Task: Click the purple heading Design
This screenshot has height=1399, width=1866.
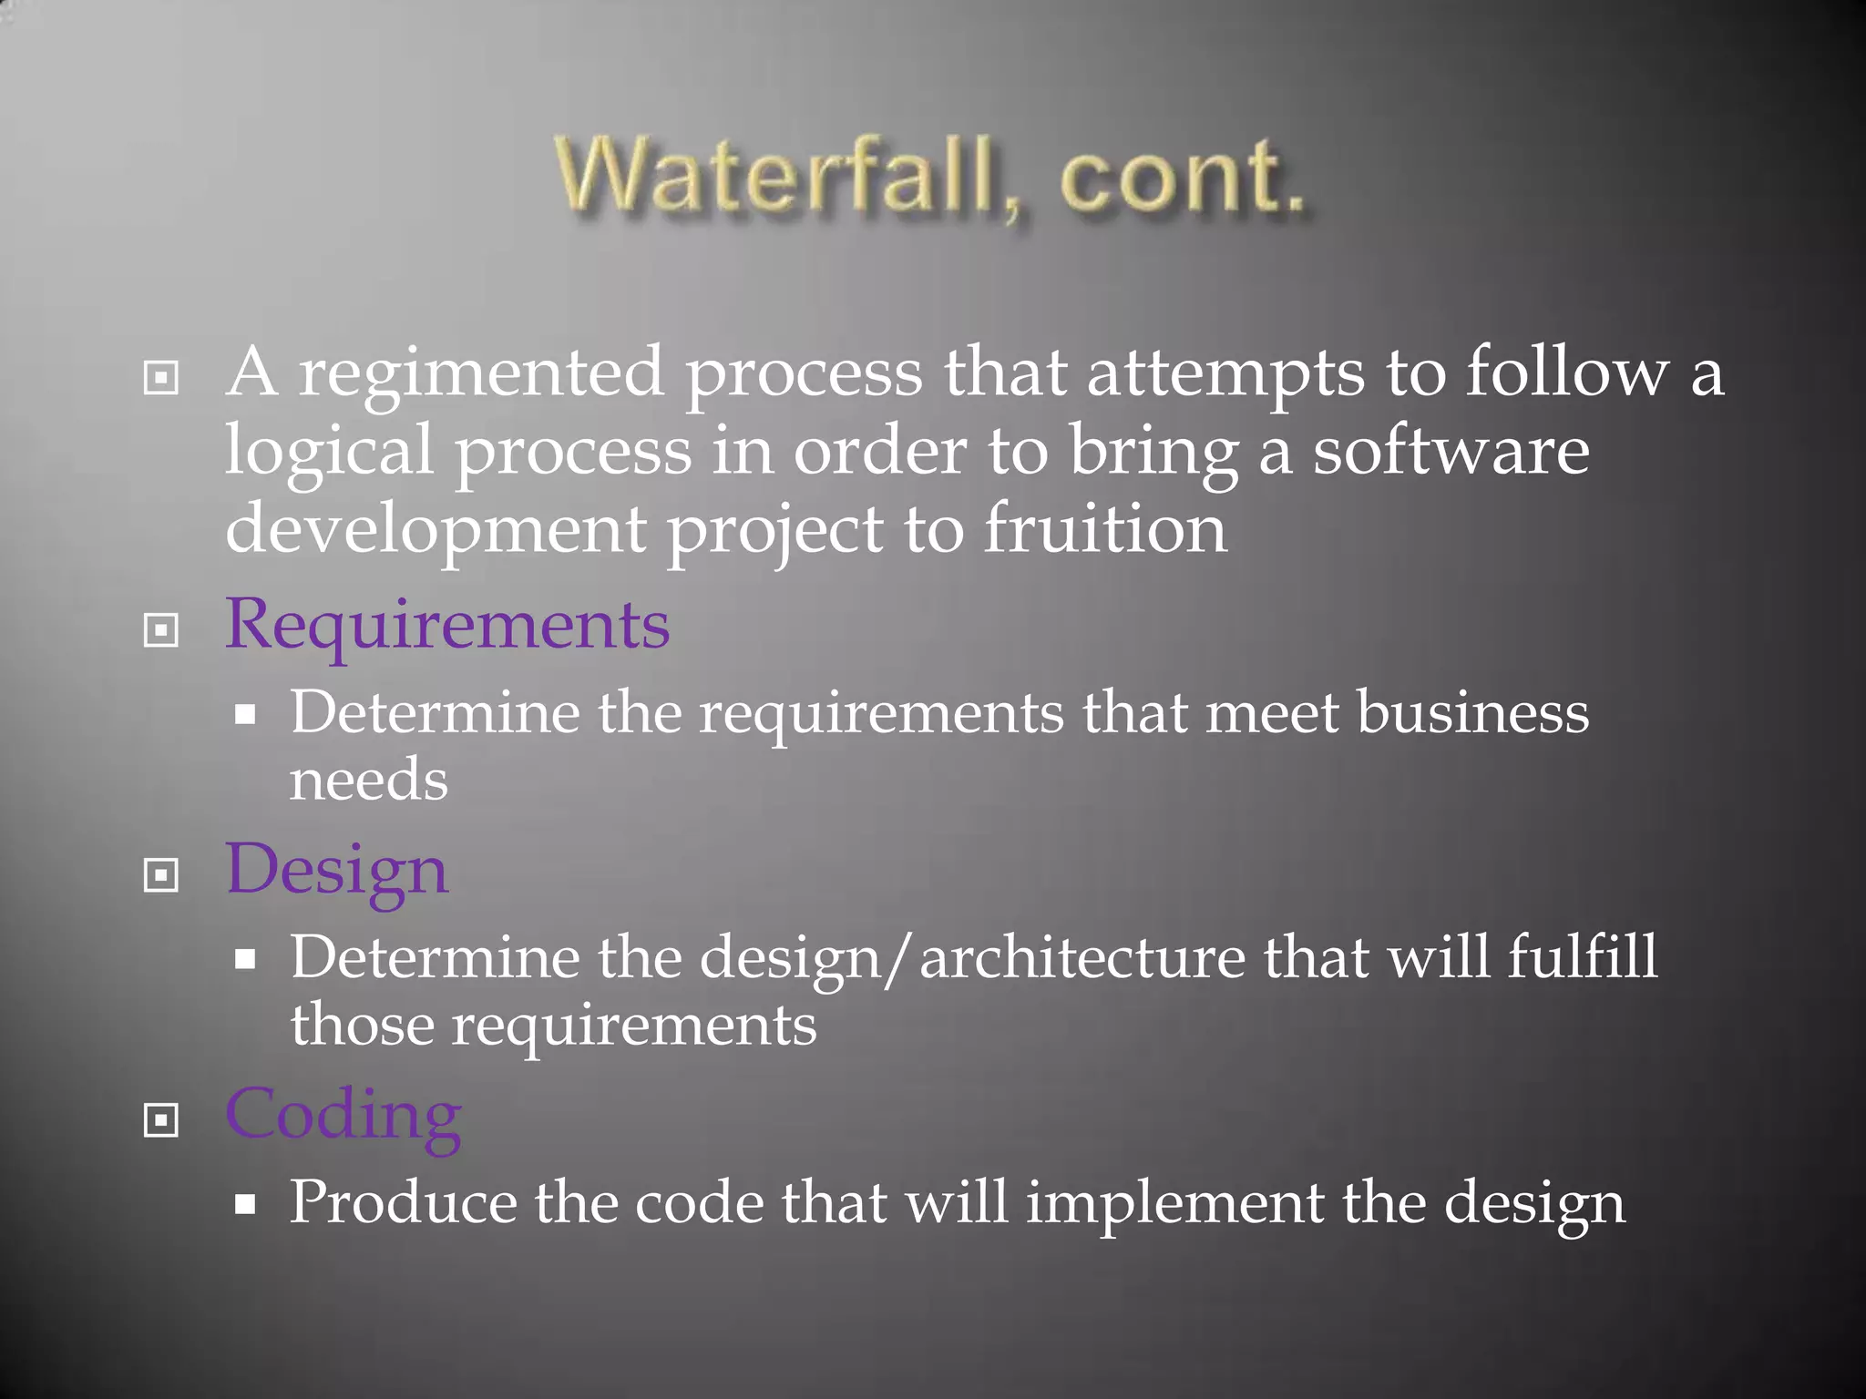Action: (x=336, y=871)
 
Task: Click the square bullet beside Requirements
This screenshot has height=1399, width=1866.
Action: (x=161, y=629)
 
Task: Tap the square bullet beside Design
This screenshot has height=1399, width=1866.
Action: (x=161, y=875)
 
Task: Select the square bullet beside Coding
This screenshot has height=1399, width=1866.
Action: (x=161, y=1120)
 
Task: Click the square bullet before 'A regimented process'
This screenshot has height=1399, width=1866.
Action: (x=161, y=377)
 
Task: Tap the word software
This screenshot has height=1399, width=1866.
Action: (x=1451, y=452)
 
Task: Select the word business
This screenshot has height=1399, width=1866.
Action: (x=1472, y=712)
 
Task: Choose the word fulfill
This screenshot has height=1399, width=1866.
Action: (x=1582, y=957)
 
